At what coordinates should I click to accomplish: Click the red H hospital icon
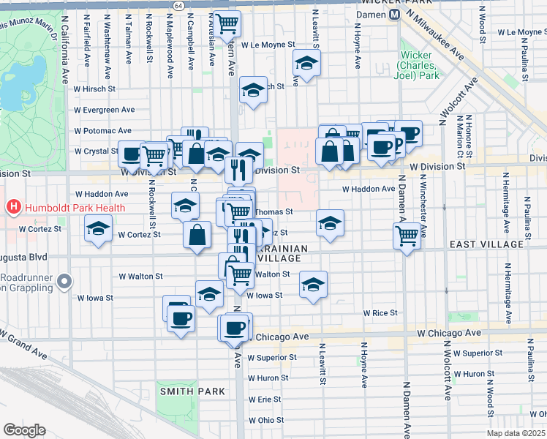(x=13, y=208)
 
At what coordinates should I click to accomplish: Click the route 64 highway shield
(x=179, y=5)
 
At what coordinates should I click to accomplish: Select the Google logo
(x=24, y=430)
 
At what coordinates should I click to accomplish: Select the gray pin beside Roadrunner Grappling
(x=65, y=280)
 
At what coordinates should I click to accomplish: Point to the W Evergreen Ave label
(x=104, y=110)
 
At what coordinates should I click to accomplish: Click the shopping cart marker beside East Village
(x=407, y=236)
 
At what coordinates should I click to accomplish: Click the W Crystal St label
(x=95, y=151)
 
